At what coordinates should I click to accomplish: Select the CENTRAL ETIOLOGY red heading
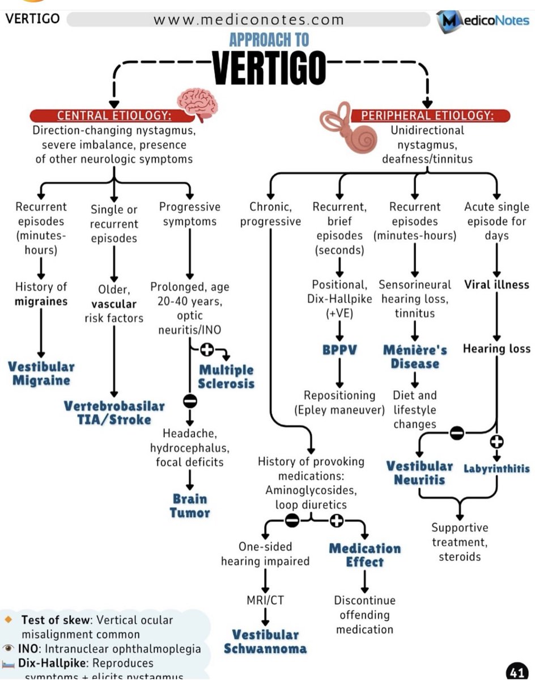[113, 116]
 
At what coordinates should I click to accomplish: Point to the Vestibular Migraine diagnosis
[41, 373]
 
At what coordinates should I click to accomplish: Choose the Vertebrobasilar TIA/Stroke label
[114, 413]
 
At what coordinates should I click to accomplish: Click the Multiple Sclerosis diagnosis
[226, 377]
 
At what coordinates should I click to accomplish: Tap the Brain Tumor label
[190, 506]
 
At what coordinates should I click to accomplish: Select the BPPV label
[339, 350]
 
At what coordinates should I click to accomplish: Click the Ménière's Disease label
[415, 356]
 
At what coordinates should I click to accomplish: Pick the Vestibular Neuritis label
[419, 473]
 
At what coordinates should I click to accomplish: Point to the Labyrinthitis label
[496, 469]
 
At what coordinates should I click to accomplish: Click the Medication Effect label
[364, 555]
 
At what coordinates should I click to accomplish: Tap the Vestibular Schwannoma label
[265, 641]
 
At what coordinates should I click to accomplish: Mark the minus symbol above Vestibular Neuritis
[457, 433]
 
